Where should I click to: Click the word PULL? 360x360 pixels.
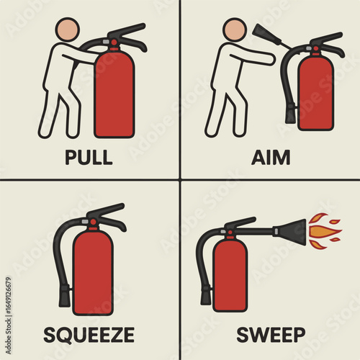(x=89, y=157)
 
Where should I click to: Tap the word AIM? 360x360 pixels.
(x=271, y=157)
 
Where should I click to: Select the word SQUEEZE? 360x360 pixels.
(x=89, y=335)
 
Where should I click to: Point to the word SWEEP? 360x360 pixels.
(x=271, y=335)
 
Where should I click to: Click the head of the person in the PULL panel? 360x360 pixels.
(x=68, y=29)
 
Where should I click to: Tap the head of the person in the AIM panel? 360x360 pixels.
(x=235, y=30)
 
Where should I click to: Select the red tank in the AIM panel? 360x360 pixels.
(x=315, y=92)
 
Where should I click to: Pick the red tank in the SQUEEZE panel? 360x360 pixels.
(x=93, y=272)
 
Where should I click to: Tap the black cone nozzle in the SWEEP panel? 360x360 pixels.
(x=290, y=232)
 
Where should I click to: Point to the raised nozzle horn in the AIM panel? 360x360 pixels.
(x=266, y=35)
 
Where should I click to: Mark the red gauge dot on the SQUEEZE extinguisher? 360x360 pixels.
(x=93, y=222)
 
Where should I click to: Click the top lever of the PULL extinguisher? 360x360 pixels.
(x=127, y=32)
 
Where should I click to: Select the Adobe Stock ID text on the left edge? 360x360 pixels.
(x=9, y=315)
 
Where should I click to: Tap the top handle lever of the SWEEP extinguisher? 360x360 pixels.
(x=240, y=222)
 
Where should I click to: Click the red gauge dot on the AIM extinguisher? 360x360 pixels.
(x=316, y=49)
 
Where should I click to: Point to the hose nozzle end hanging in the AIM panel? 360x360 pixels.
(x=290, y=113)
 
